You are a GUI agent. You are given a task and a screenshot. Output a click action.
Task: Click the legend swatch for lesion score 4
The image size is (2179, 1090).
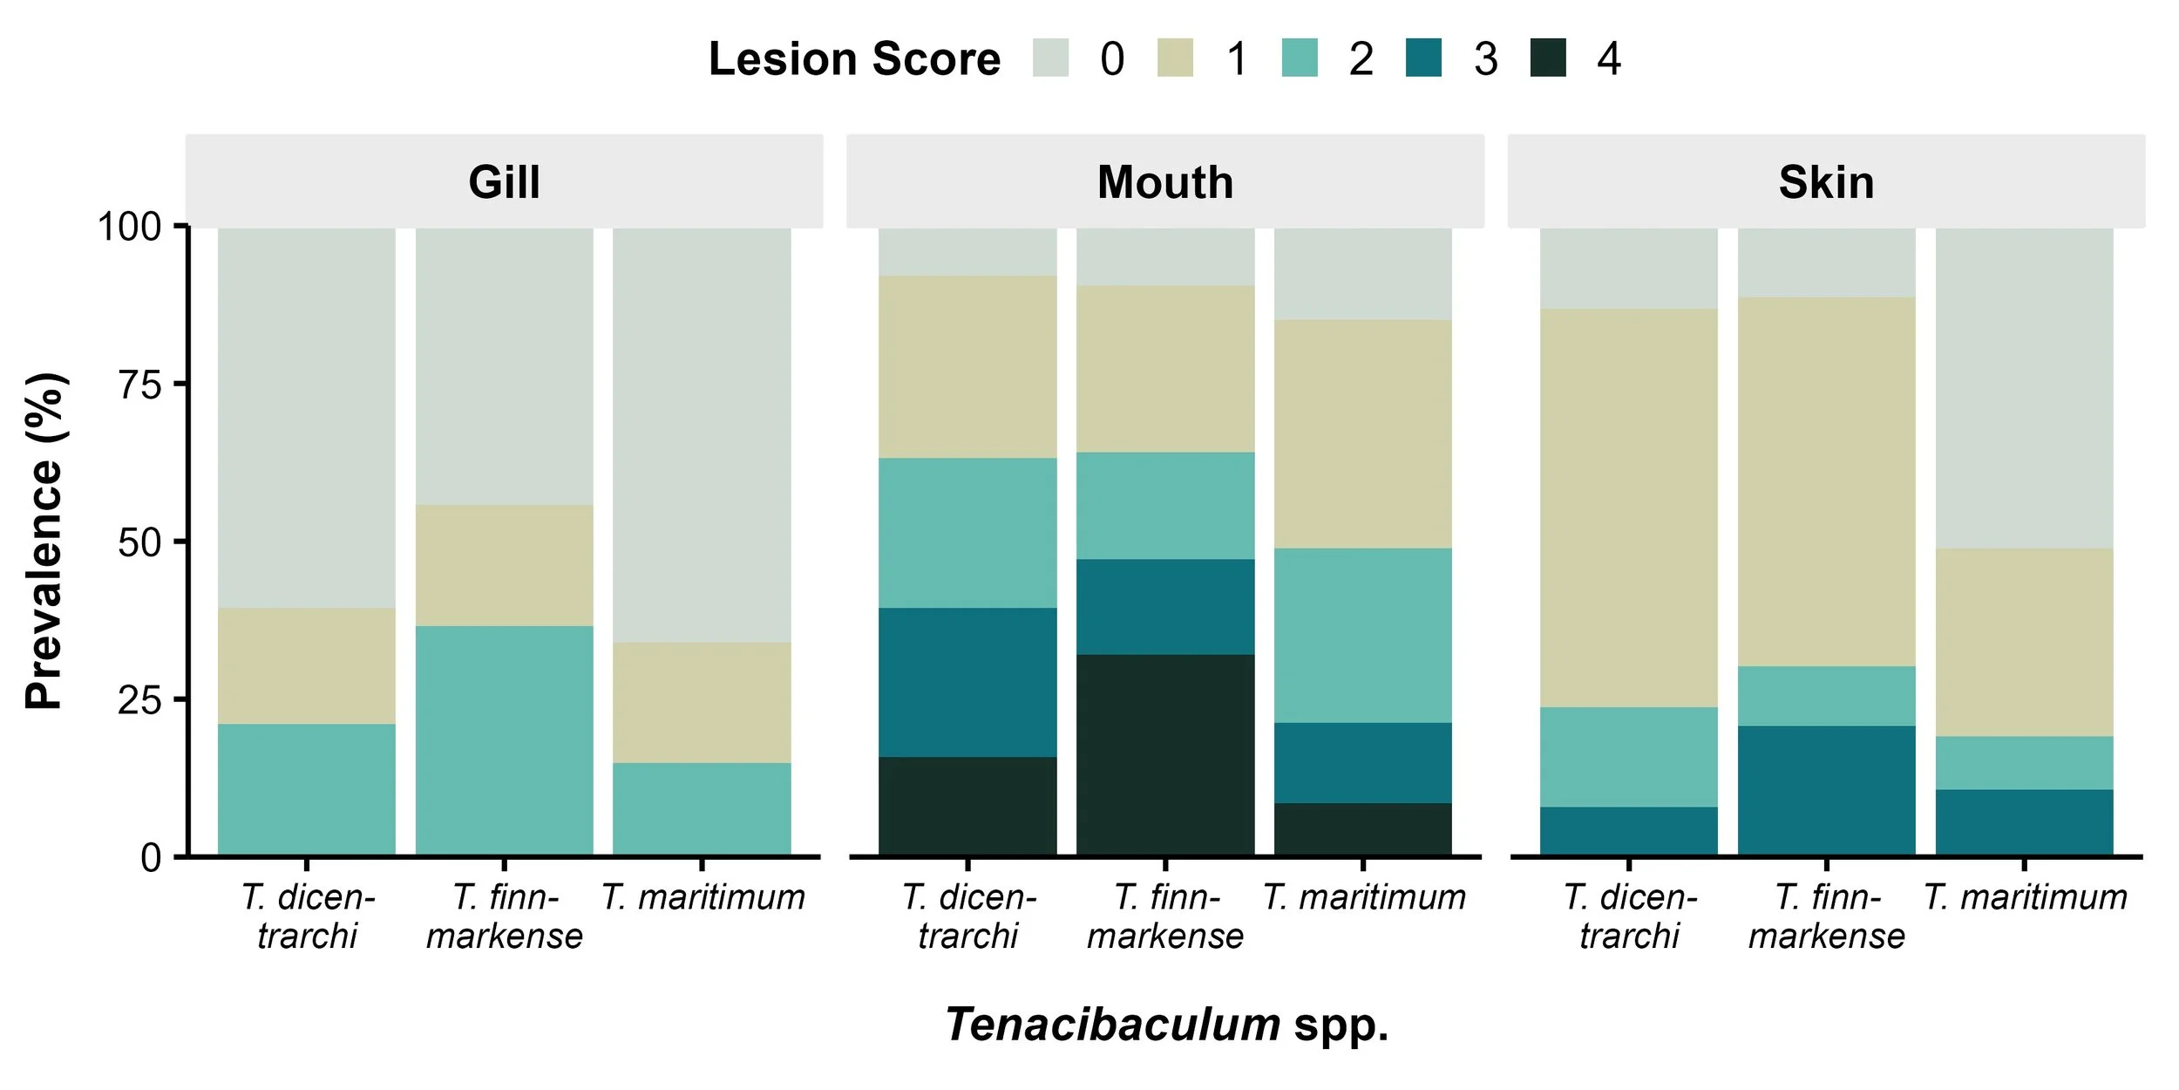[x=1548, y=58]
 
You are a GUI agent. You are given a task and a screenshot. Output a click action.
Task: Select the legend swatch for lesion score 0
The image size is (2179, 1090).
[x=1050, y=58]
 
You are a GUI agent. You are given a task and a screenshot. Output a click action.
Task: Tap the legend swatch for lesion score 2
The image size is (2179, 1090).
[x=1300, y=58]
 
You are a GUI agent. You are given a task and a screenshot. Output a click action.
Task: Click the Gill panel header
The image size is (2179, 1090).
[x=504, y=182]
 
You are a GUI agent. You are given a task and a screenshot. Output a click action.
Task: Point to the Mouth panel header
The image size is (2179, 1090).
[x=1165, y=182]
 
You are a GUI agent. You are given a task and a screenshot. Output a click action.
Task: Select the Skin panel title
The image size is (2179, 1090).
[x=1826, y=182]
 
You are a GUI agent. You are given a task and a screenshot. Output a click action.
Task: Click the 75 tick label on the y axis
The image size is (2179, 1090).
[x=139, y=385]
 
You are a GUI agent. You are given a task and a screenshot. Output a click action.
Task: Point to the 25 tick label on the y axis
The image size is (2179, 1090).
[x=139, y=700]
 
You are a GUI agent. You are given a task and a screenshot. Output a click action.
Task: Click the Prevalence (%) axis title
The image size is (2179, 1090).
[x=44, y=541]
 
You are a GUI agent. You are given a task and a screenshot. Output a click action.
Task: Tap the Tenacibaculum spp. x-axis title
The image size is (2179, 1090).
[x=1166, y=1024]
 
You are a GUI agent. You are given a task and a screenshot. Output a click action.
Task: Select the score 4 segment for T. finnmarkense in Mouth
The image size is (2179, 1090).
[x=1165, y=754]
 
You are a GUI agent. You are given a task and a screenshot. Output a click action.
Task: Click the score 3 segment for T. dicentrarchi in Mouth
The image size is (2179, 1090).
[x=967, y=682]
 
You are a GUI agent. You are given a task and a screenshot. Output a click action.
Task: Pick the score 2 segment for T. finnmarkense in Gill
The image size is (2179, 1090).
[x=504, y=740]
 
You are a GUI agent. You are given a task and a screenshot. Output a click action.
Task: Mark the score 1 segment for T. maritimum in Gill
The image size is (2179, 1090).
[x=702, y=703]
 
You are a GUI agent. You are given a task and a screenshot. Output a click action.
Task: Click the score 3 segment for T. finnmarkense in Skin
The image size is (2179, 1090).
[x=1826, y=790]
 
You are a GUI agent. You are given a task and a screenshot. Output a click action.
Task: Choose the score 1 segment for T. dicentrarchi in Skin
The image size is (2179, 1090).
[x=1628, y=508]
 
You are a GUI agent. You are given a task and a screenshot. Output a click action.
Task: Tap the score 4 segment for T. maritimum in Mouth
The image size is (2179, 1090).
[x=1363, y=828]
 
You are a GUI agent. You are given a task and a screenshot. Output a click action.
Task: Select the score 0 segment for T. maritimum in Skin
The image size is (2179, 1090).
[x=2025, y=388]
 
